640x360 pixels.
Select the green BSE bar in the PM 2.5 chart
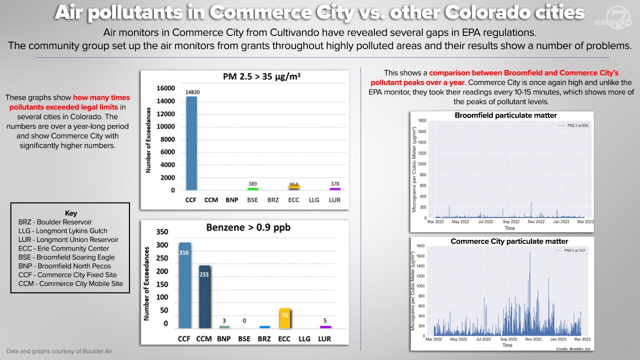[x=253, y=189]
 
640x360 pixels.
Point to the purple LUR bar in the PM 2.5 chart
[x=334, y=189]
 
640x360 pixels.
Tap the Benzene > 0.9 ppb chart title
[x=248, y=227]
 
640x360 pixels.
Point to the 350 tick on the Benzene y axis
[x=162, y=232]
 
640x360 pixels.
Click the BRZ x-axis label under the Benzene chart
[x=264, y=339]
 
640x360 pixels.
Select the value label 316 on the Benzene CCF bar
[x=184, y=253]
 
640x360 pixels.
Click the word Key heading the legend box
[x=71, y=213]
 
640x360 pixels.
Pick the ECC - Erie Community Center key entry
[x=63, y=248]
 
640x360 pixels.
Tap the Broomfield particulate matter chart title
[x=505, y=115]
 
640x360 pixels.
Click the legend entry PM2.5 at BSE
[x=575, y=125]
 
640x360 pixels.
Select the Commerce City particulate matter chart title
[x=509, y=241]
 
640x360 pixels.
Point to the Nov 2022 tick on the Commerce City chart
[x=533, y=339]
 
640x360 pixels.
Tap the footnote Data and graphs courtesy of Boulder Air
[x=59, y=351]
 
